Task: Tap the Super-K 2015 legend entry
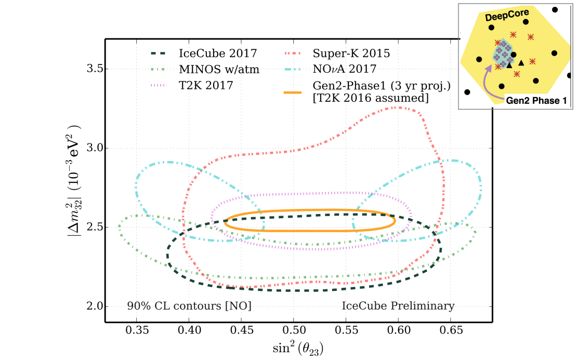[x=351, y=53]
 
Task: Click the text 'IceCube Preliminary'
[x=398, y=306]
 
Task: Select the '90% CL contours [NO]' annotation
[x=189, y=306]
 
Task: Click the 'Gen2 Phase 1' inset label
[x=535, y=101]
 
